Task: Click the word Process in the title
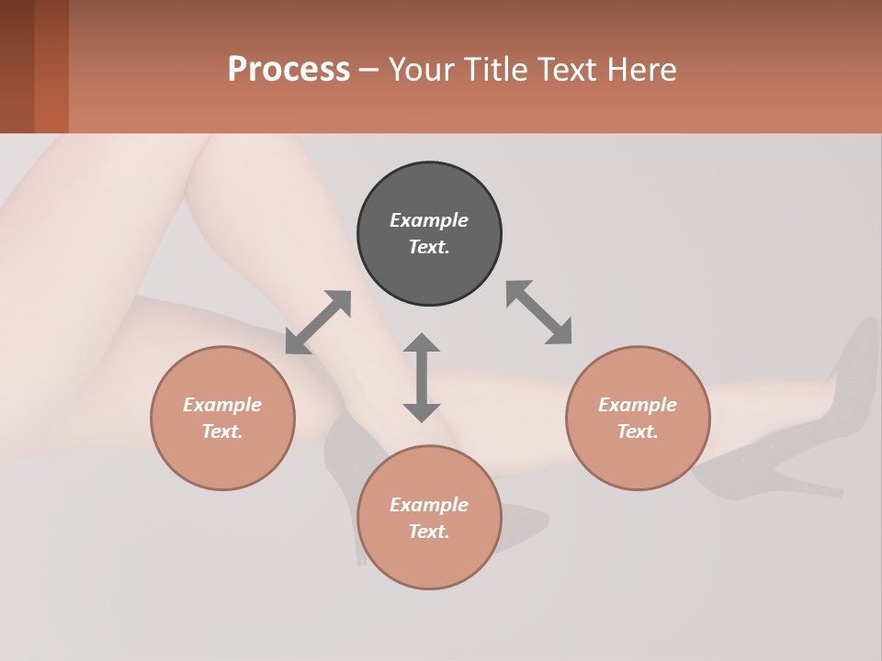(x=288, y=70)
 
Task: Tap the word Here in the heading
(x=640, y=70)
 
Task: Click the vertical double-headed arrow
(x=422, y=377)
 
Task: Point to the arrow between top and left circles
(x=318, y=322)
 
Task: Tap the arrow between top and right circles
(x=538, y=312)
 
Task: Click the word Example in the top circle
(x=429, y=220)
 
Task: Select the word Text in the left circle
(x=222, y=431)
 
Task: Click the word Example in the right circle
(x=638, y=405)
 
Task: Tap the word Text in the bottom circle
(x=429, y=532)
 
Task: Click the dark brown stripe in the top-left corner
(x=17, y=66)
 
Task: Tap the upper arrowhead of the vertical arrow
(x=422, y=343)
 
